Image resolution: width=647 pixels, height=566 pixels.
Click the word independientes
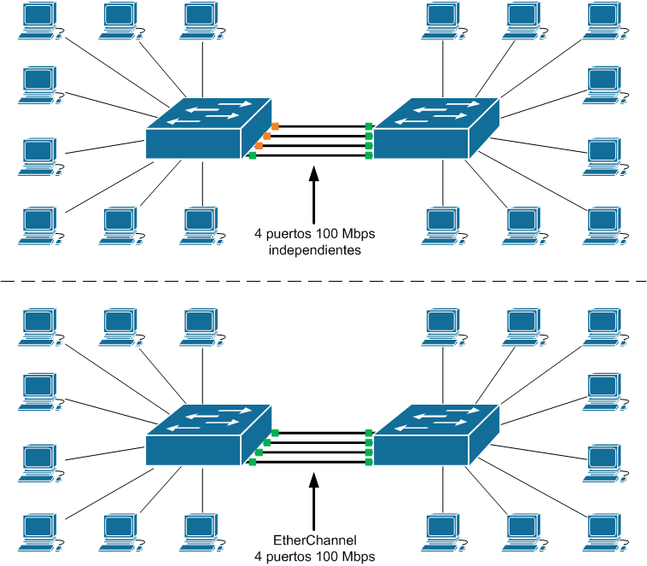click(315, 251)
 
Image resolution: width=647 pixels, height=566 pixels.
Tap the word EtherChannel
click(315, 540)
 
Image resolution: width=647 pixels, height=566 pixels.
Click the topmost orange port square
click(275, 126)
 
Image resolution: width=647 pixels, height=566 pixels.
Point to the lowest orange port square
click(259, 146)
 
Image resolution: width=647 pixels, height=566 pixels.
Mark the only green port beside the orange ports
click(252, 155)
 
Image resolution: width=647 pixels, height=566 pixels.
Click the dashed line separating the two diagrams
click(323, 281)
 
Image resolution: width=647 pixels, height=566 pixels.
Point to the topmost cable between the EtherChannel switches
click(321, 433)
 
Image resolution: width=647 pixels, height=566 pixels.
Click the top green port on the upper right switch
click(369, 126)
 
